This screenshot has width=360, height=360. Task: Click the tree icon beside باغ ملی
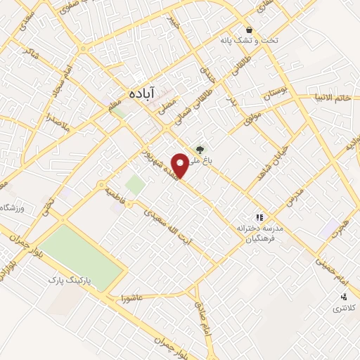201,148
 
